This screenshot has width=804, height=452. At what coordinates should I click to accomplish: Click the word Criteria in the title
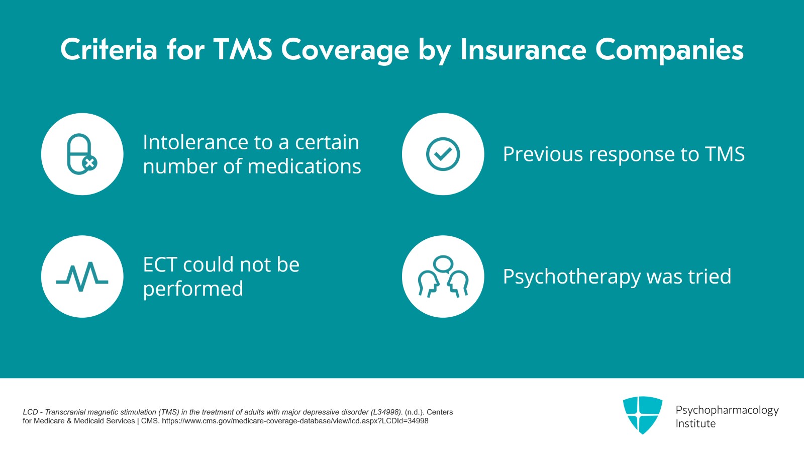click(109, 50)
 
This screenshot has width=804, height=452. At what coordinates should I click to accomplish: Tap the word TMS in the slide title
click(243, 50)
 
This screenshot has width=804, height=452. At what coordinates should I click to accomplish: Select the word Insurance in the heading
click(523, 50)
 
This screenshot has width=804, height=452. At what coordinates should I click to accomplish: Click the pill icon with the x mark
click(82, 154)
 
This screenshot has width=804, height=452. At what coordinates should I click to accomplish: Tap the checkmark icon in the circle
click(443, 154)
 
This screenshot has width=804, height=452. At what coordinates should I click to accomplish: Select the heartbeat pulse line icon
click(82, 277)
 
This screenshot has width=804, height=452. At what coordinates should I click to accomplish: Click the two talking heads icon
click(443, 277)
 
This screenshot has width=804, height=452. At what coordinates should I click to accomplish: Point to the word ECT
click(160, 265)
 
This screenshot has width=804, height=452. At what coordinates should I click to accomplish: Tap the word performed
click(193, 289)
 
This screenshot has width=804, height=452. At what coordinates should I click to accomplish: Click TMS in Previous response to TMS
click(725, 154)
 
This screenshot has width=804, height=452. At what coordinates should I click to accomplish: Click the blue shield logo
click(642, 415)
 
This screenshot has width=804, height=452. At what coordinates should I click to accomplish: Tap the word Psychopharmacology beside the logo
click(727, 410)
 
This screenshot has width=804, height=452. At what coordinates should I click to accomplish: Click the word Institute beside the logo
click(695, 424)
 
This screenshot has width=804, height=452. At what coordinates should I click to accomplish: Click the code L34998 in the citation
click(386, 412)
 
